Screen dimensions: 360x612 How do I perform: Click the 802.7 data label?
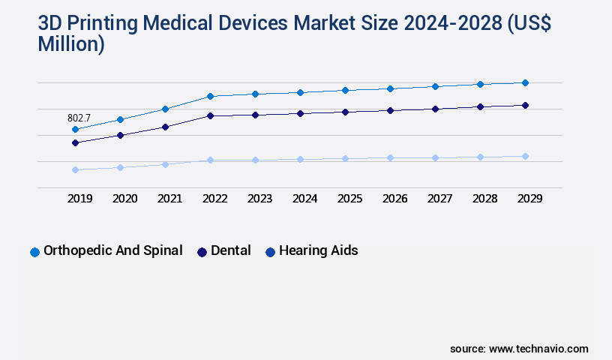(79, 118)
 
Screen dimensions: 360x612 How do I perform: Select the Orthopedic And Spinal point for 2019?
(75, 129)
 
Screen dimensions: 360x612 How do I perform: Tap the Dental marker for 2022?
(210, 115)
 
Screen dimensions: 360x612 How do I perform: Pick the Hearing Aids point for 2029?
(525, 156)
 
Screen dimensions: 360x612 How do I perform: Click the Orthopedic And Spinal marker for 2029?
(525, 82)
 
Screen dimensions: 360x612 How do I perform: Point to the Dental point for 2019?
(75, 142)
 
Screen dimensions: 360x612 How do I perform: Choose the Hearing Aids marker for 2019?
(75, 169)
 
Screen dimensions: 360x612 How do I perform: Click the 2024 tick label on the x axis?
(304, 199)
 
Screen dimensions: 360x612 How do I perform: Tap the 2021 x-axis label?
(169, 199)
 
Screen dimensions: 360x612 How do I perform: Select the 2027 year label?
(439, 199)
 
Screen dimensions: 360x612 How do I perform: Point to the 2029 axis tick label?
(529, 199)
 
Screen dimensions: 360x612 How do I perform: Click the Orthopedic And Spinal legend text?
(113, 250)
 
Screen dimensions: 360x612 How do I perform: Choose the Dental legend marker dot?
(202, 252)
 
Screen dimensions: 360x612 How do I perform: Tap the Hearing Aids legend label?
(318, 250)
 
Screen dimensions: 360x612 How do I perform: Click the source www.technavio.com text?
(519, 349)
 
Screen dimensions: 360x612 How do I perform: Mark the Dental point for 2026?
(390, 110)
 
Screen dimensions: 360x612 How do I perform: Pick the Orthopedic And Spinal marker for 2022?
(210, 96)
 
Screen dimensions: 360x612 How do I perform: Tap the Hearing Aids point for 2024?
(300, 159)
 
